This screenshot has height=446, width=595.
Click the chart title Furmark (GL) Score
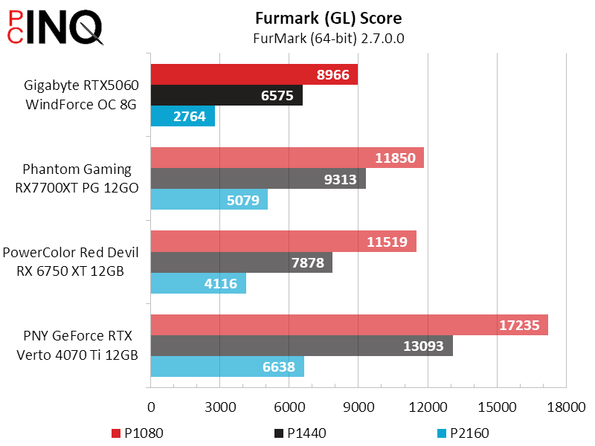328,18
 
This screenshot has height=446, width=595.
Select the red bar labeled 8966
254,74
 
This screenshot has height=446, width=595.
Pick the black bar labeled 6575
227,95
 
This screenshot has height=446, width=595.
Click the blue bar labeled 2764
183,116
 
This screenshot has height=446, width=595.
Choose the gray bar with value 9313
258,178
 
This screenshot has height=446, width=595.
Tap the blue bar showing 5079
209,199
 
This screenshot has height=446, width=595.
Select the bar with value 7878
242,262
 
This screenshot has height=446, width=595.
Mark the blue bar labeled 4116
199,282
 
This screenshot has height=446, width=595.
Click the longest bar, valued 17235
350,325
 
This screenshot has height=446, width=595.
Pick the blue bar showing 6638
227,366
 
